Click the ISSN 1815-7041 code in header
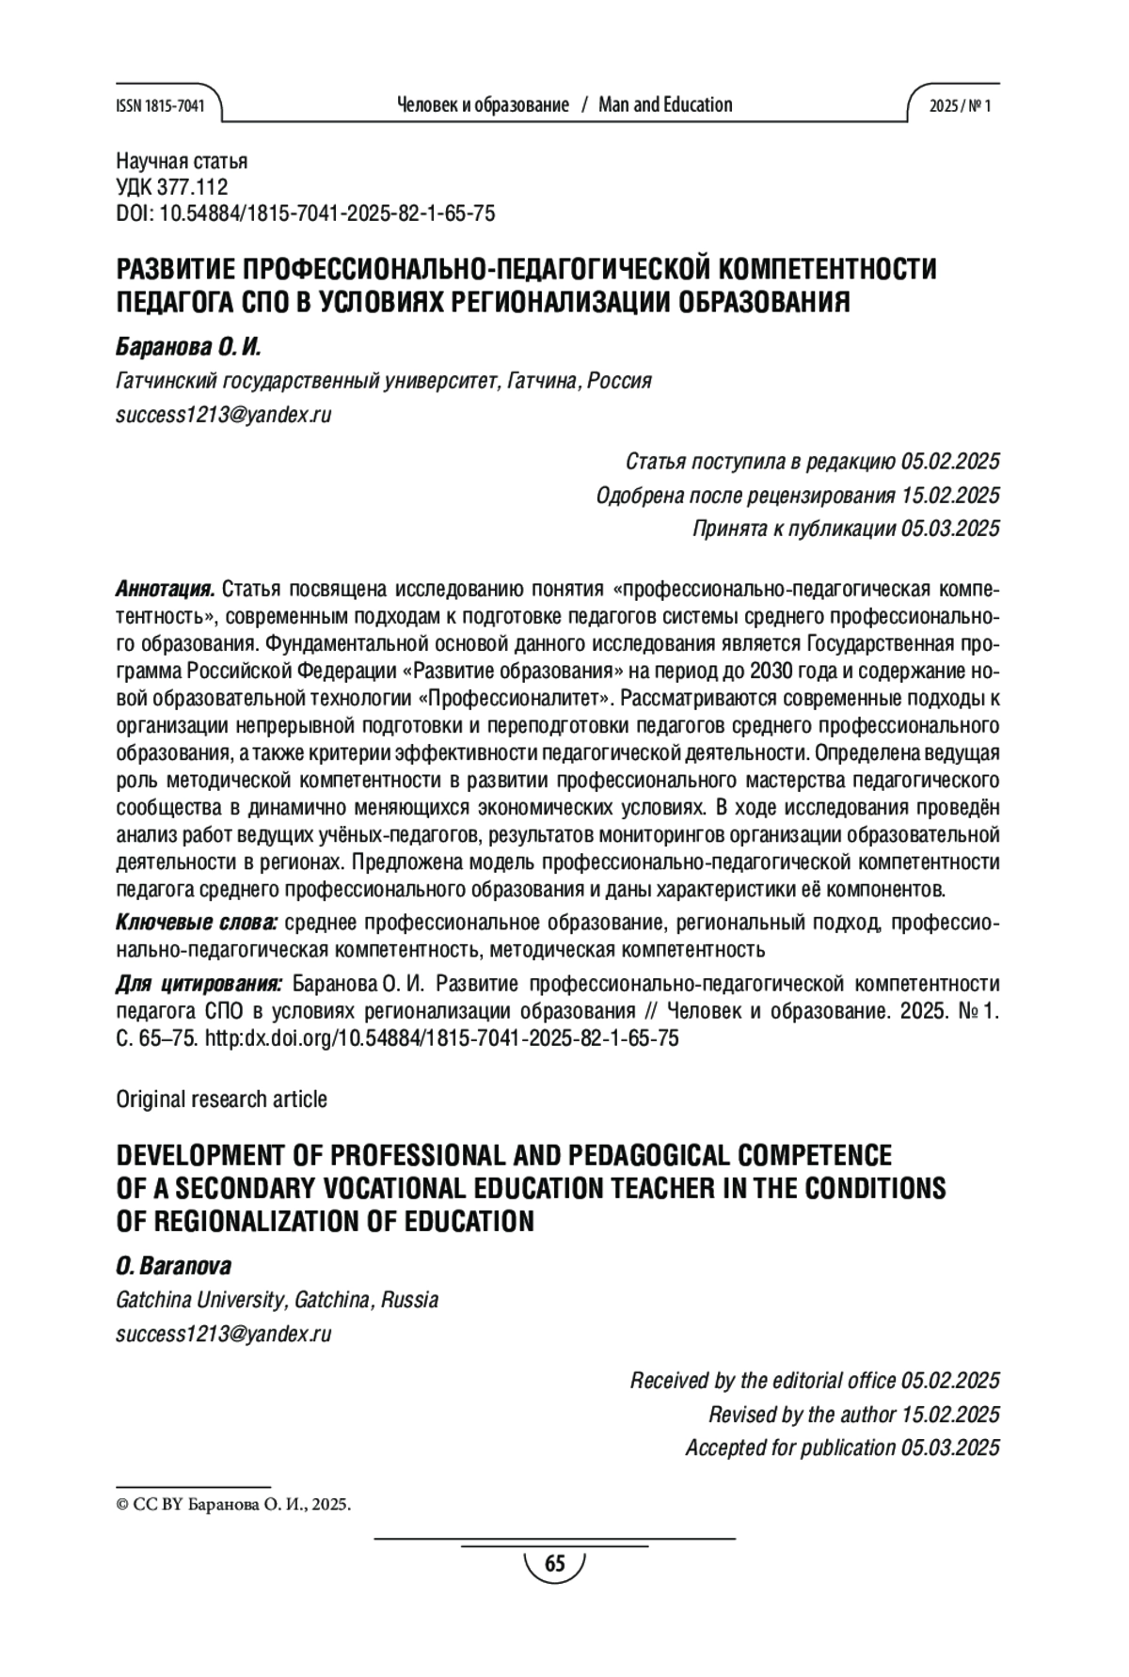(x=160, y=105)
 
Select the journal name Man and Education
(x=665, y=104)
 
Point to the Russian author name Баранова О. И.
(x=187, y=347)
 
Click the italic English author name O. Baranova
(x=173, y=1266)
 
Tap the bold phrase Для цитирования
(x=199, y=985)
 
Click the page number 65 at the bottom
(x=555, y=1564)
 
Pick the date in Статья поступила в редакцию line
(x=949, y=462)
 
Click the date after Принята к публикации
(x=949, y=530)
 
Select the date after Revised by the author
(x=949, y=1415)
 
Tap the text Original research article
(x=221, y=1099)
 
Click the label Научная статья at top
(x=182, y=161)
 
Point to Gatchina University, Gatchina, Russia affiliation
(x=277, y=1300)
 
